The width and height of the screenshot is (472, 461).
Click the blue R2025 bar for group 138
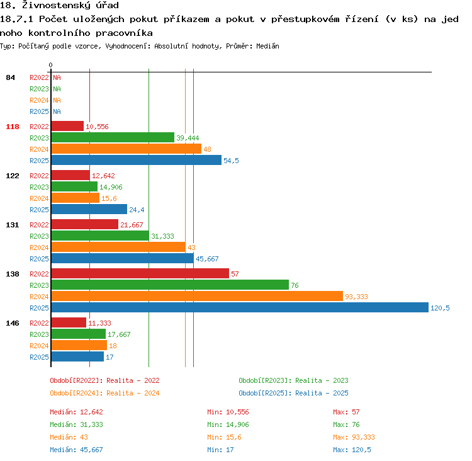pos(240,307)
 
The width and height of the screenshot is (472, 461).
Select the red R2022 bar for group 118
pos(67,126)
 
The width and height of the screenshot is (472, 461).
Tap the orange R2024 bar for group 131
pos(118,247)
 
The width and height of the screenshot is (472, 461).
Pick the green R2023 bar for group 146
pos(79,334)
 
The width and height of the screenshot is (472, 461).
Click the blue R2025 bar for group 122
pos(89,209)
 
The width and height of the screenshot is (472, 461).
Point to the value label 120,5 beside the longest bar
pos(440,308)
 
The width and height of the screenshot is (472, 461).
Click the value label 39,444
pos(188,138)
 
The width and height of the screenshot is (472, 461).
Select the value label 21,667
pos(132,225)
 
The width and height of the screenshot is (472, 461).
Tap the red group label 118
pos(13,127)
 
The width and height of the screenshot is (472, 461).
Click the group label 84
pos(10,77)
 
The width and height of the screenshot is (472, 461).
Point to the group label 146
pos(13,323)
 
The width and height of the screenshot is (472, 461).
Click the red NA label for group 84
pos(57,77)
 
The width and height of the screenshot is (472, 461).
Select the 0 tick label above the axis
pos(50,65)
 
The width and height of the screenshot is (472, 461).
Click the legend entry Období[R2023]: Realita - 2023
pos(293,380)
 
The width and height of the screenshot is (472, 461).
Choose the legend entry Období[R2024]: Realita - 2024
pos(104,393)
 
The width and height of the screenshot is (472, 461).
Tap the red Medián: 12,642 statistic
pos(76,412)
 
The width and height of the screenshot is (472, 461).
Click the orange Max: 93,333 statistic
pos(354,437)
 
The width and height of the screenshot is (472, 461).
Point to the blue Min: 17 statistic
pos(220,450)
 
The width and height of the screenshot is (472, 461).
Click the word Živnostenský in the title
pos(71,5)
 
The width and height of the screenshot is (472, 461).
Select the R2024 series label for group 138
pos(39,297)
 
